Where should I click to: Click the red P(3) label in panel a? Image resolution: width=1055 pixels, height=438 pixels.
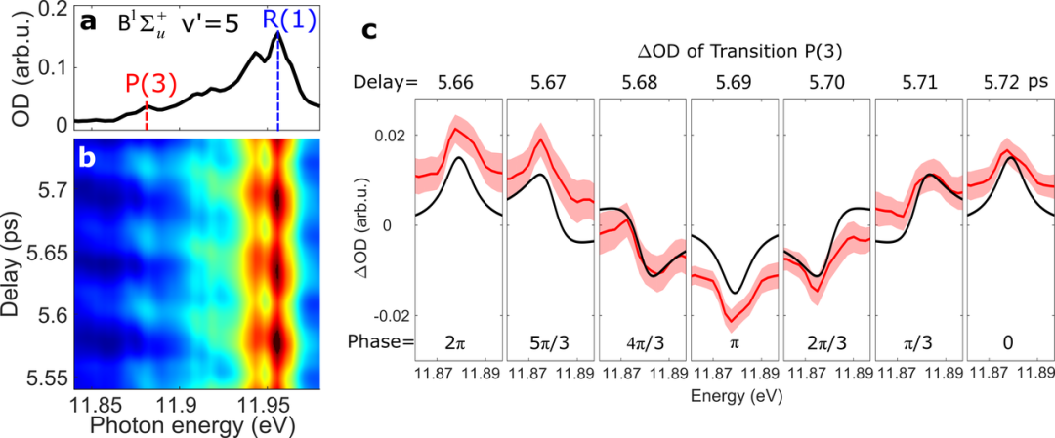coord(148,84)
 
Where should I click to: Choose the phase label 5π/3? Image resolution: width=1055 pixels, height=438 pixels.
coord(548,342)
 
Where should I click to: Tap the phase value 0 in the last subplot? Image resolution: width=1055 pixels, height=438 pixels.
coord(1008,342)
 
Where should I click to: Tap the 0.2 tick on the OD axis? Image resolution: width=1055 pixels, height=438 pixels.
coord(50,10)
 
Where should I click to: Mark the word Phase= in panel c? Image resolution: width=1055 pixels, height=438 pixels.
coord(382,342)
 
